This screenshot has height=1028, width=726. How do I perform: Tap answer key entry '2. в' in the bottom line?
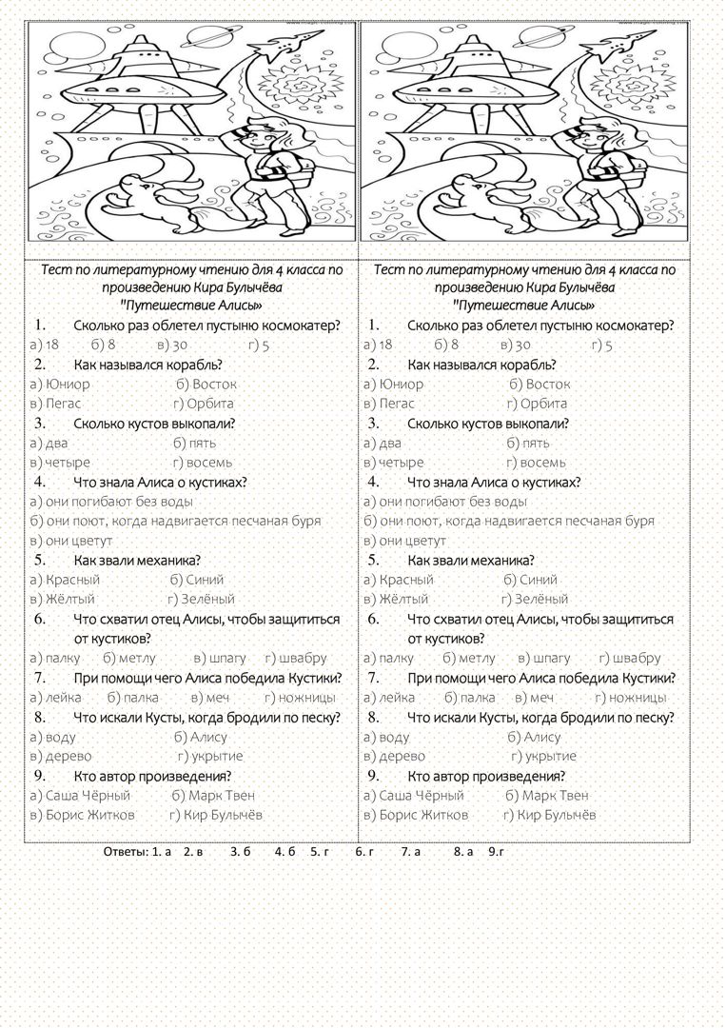(194, 851)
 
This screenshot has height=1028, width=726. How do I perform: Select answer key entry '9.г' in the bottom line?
(495, 851)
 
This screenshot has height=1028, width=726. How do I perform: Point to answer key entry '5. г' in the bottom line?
(319, 851)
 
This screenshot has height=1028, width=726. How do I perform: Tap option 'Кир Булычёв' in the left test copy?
(223, 815)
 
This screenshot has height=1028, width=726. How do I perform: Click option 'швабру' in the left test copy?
(304, 658)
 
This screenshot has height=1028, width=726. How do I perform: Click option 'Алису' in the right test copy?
(541, 737)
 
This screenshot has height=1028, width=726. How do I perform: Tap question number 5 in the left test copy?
(40, 560)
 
